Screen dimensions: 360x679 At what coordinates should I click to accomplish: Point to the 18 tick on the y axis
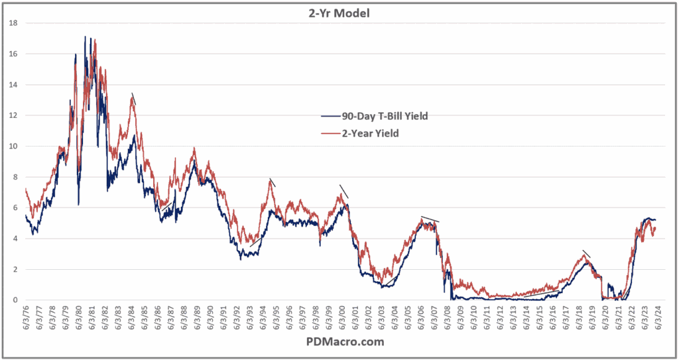pos(12,23)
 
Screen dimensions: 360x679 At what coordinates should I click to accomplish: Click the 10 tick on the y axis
pos(12,147)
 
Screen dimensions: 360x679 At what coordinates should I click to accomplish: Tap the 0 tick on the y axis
pos(15,300)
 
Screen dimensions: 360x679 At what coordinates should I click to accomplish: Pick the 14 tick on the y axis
pos(12,85)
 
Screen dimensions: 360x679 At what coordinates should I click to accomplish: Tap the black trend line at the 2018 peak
pos(586,253)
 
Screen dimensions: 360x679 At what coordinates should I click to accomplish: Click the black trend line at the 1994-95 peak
pos(273,182)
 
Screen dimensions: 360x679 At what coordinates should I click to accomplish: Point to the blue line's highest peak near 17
pos(85,38)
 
